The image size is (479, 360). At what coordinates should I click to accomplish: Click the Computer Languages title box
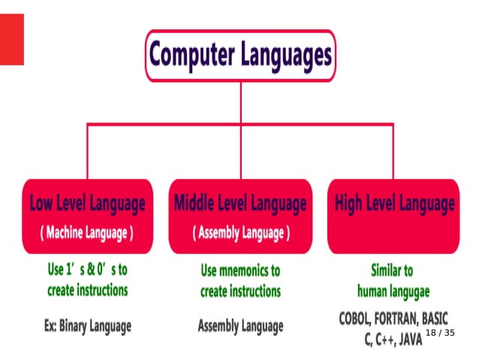pyautogui.click(x=240, y=56)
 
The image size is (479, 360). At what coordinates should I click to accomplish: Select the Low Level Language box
pyautogui.click(x=86, y=216)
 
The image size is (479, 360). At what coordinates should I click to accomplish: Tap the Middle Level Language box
pyautogui.click(x=240, y=216)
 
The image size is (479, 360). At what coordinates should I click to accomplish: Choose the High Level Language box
pyautogui.click(x=393, y=216)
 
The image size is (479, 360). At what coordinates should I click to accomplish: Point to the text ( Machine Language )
pyautogui.click(x=86, y=233)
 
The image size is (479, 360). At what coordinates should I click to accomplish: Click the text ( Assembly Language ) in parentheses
pyautogui.click(x=240, y=233)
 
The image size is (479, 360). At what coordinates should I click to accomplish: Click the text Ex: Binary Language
pyautogui.click(x=87, y=326)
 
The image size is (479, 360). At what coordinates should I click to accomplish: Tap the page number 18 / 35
pyautogui.click(x=441, y=332)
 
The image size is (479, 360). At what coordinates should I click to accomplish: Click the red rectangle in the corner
pyautogui.click(x=11, y=39)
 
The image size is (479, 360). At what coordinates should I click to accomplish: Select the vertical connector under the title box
pyautogui.click(x=240, y=101)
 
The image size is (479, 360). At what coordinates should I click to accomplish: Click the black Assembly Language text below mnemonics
pyautogui.click(x=240, y=326)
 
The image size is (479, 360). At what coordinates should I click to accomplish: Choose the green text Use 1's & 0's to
pyautogui.click(x=87, y=270)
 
